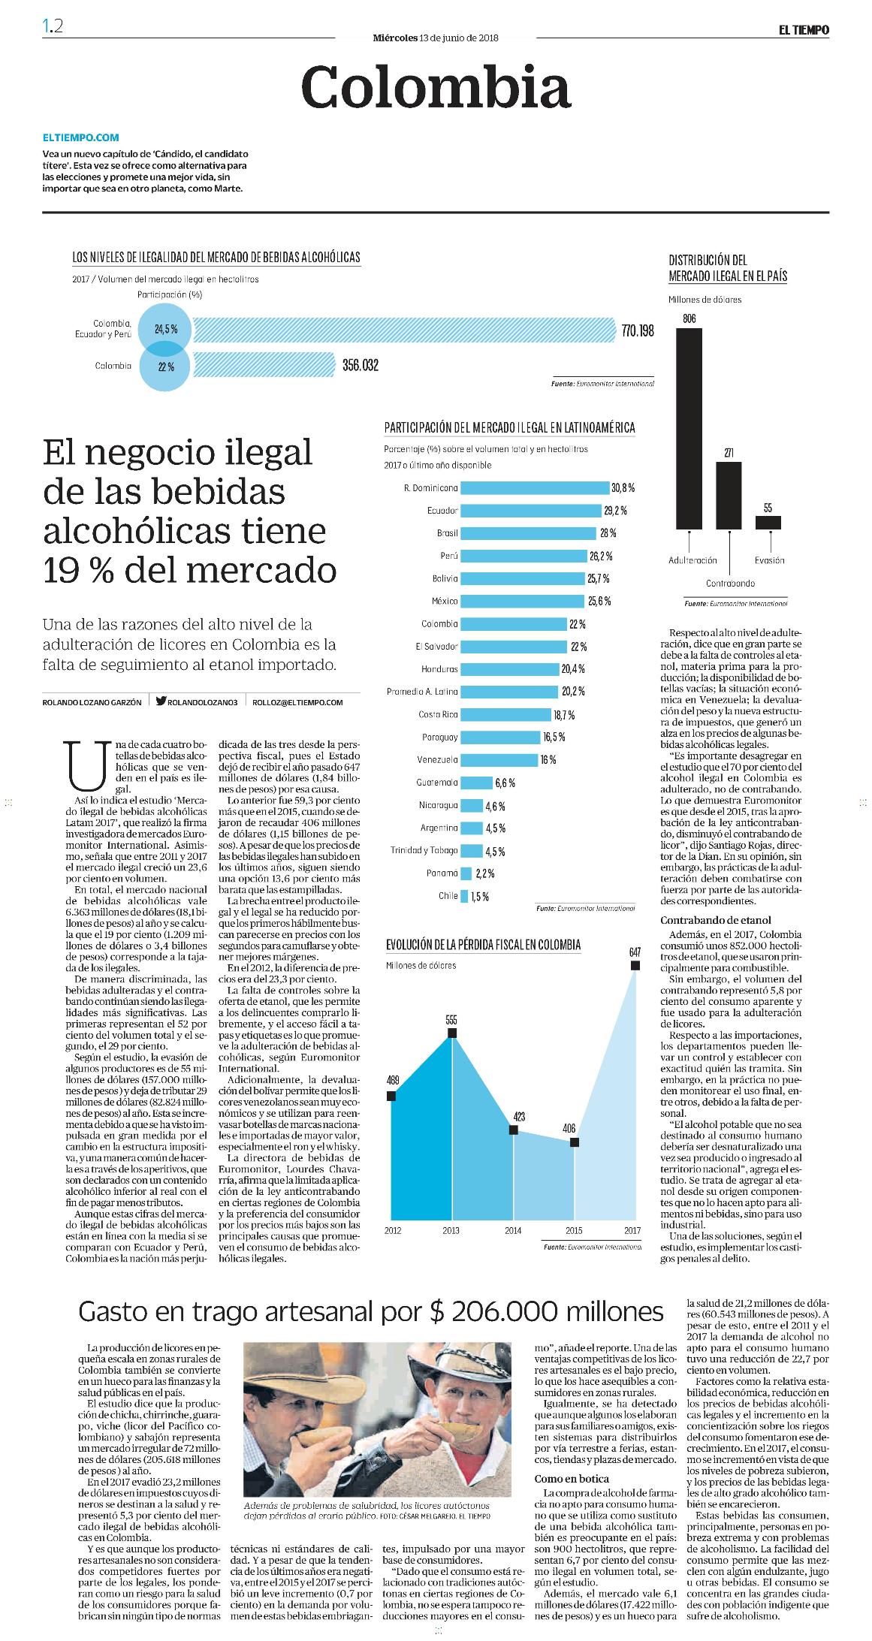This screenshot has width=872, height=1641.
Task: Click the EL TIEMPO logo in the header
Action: (x=802, y=30)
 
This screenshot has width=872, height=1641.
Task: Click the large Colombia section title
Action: (x=436, y=88)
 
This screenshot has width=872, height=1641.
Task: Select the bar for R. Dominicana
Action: (x=534, y=488)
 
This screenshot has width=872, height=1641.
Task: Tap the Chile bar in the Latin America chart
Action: (x=464, y=896)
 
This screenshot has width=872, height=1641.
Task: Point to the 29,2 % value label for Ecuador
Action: (x=616, y=511)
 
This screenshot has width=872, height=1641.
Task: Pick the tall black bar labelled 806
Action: (x=689, y=429)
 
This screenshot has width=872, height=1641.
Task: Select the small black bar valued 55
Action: (x=768, y=523)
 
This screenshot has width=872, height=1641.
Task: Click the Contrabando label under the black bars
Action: (x=730, y=583)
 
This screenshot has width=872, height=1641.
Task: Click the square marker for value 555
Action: (x=452, y=1033)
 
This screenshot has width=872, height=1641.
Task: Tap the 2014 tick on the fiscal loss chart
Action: (x=513, y=1230)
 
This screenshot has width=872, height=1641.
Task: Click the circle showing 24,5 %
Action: (x=164, y=328)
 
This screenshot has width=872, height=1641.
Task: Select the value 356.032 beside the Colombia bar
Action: (x=361, y=366)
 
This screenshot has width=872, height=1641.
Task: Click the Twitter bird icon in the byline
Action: (x=161, y=701)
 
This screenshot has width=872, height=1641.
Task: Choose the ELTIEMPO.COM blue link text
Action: (x=81, y=138)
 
